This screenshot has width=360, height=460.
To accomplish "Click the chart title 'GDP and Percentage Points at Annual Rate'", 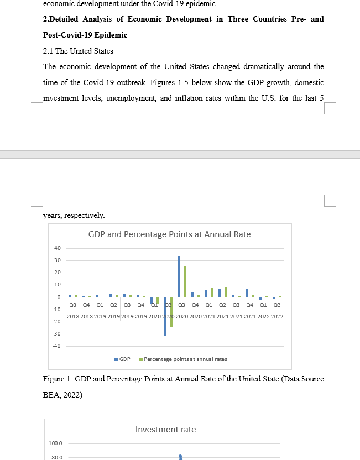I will coord(169,234).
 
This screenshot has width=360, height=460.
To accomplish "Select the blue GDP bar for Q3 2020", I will coord(179,276).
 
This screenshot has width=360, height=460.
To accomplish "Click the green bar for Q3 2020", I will coord(185,281).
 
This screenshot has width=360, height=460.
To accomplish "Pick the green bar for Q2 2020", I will coord(171,312).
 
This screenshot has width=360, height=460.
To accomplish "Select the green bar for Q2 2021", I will coord(226,292).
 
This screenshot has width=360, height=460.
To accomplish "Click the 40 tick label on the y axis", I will coord(58,248).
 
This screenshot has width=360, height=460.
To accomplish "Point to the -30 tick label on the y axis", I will coord(56,334).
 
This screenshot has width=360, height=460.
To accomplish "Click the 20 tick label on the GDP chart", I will coord(58,273).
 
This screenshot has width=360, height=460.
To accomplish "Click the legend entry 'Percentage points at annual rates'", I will coord(182,359).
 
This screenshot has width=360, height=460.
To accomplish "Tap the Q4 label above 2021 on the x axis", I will coord(250,305).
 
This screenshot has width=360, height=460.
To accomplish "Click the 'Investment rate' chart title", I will coord(165,430).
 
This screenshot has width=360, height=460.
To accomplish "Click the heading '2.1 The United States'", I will coord(78,51).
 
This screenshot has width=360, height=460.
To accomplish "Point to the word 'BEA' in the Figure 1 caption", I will coord(50,395).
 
